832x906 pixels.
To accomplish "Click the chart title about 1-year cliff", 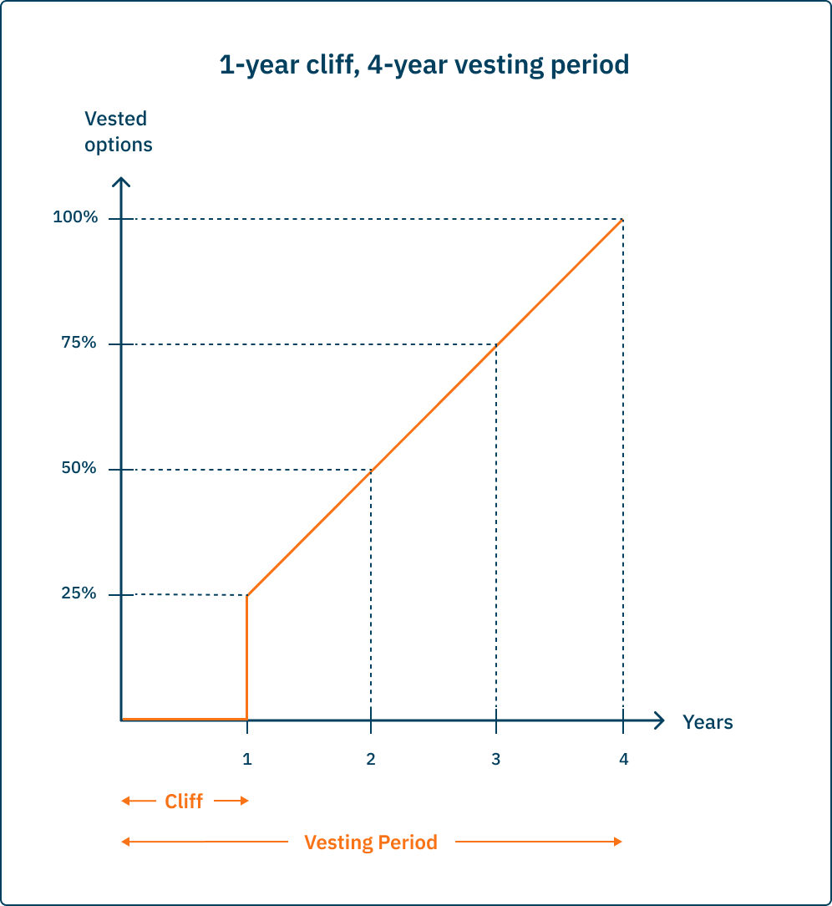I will click(424, 64).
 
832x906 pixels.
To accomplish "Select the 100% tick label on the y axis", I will click(75, 218).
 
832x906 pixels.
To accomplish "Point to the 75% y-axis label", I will click(78, 344).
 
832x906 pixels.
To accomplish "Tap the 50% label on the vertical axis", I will click(78, 469).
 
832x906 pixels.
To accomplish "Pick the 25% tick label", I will click(78, 594).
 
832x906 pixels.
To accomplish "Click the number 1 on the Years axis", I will click(247, 759).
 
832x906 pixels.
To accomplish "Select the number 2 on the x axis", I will click(371, 759).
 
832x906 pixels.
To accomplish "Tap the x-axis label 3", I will click(496, 759).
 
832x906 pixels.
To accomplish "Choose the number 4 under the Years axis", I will click(623, 759).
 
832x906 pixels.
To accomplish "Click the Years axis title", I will click(708, 722).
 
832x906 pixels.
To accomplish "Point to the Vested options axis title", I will click(118, 131).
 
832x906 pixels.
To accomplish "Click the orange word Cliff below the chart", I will click(184, 802).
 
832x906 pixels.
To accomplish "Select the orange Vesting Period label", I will click(371, 842).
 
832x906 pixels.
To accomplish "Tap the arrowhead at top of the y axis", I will click(122, 182).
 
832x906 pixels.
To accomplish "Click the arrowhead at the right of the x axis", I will click(659, 720).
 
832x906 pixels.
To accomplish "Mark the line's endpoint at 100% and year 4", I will click(622, 219).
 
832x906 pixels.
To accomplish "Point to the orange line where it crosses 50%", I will click(371, 471).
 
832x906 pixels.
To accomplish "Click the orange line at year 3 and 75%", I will click(496, 345).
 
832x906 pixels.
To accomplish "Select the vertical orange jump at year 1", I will click(247, 656).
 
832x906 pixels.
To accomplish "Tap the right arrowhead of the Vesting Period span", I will click(618, 842).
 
